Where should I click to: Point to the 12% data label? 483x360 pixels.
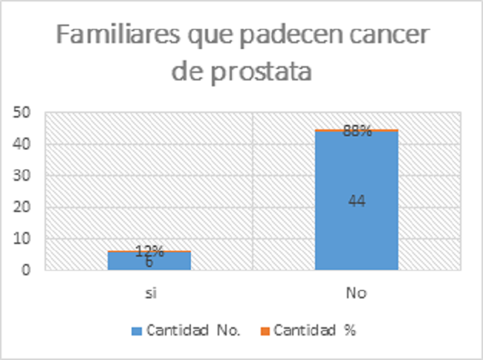click(149, 251)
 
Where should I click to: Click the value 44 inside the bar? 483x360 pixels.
click(357, 200)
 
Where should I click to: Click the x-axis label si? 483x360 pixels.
click(149, 293)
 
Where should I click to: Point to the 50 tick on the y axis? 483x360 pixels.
click(24, 113)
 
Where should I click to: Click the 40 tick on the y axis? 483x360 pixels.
click(24, 144)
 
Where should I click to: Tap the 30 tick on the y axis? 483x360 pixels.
click(24, 176)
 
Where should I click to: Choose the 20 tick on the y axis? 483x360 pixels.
click(24, 208)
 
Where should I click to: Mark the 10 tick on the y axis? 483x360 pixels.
click(24, 239)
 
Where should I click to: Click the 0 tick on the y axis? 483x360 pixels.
click(27, 271)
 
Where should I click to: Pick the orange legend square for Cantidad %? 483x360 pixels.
click(265, 331)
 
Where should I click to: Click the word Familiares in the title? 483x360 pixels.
click(111, 37)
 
